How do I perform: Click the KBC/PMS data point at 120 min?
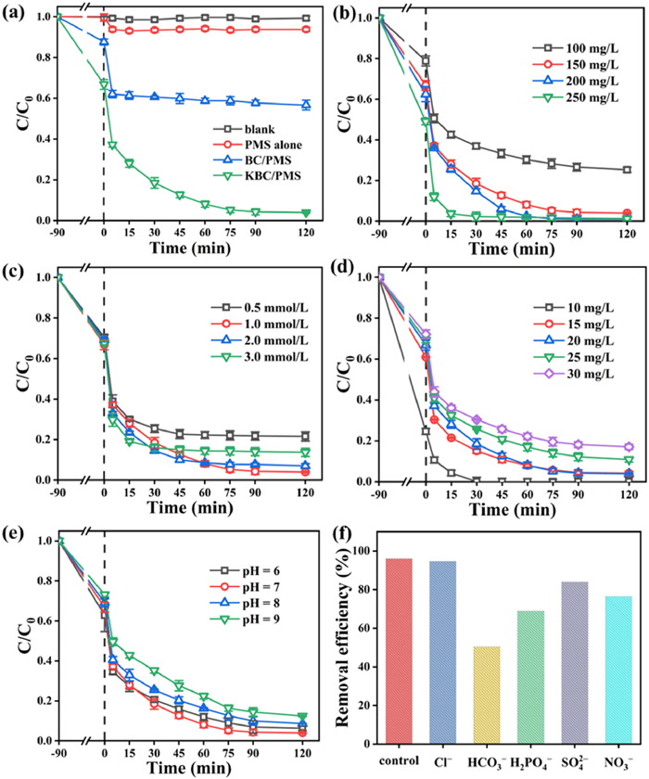(306, 212)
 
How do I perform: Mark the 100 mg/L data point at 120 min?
(627, 170)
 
